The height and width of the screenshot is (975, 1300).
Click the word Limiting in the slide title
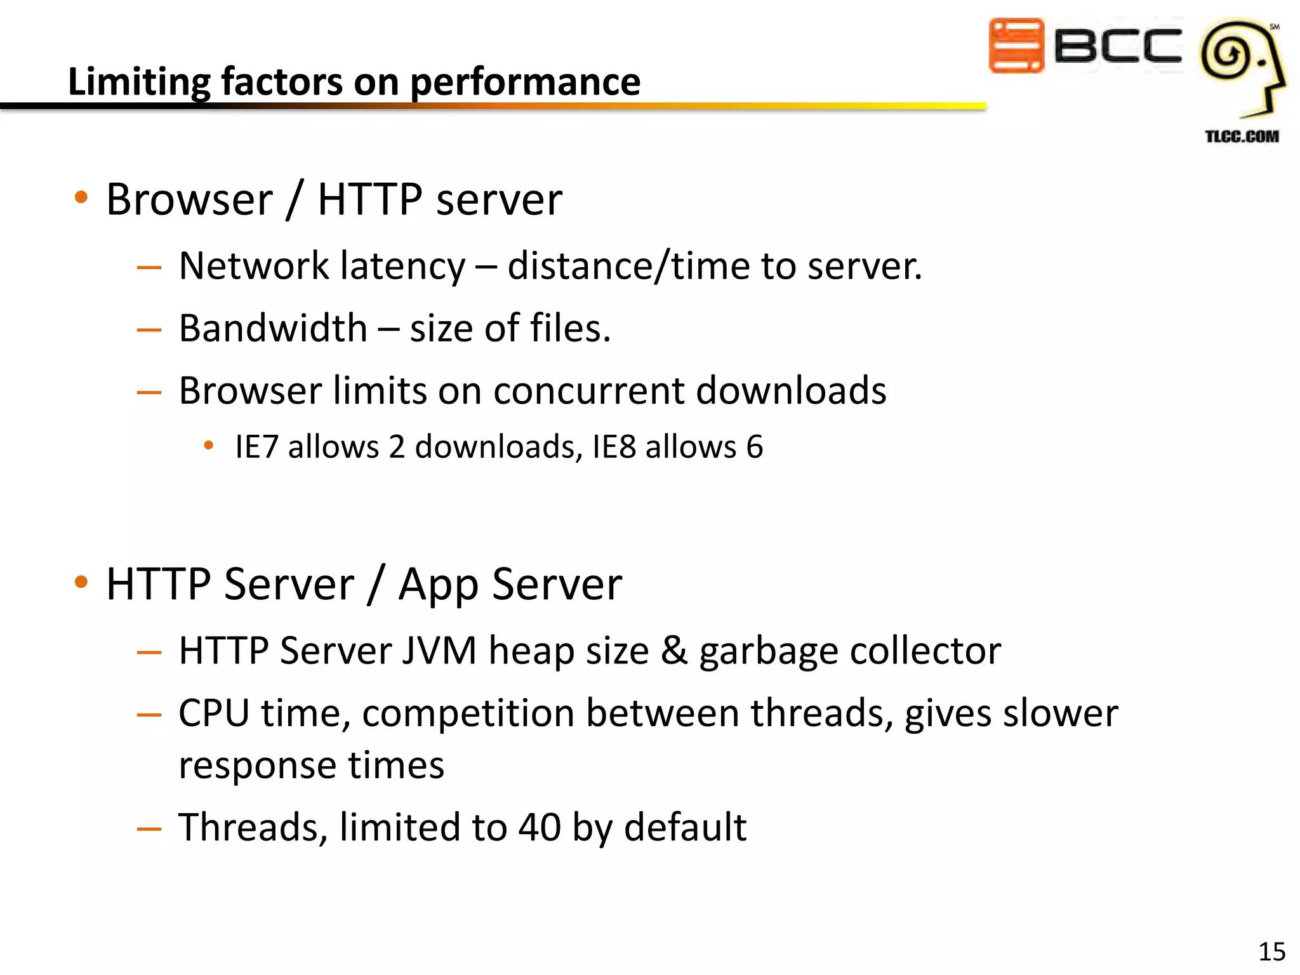point(139,83)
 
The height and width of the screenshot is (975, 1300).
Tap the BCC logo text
point(1117,46)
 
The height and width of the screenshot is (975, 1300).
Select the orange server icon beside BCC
point(1016,46)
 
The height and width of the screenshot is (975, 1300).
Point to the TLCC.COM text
point(1242,136)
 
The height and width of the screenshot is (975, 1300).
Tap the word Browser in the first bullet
point(189,200)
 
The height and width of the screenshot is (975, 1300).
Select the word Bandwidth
point(273,329)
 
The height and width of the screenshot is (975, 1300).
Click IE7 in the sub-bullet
point(256,447)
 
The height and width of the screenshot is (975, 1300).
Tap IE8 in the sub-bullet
point(614,447)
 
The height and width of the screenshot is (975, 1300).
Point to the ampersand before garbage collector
point(674,651)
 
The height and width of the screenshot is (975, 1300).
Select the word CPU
point(214,713)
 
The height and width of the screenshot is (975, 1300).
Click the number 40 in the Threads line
point(540,828)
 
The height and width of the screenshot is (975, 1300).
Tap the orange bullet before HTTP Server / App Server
point(81,582)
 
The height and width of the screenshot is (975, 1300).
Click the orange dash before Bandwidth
point(149,330)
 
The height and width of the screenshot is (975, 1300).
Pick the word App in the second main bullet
point(438,585)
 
